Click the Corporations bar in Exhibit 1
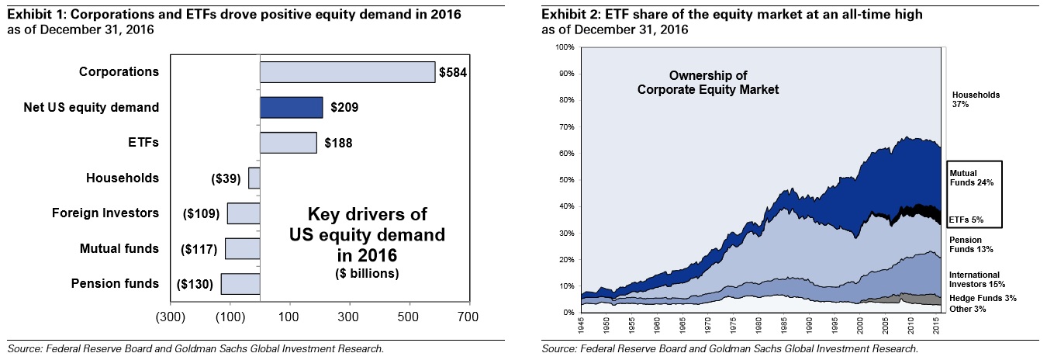coord(347,72)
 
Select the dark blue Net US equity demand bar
coord(291,108)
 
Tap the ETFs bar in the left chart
coord(288,143)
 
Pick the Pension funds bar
coord(240,284)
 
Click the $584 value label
coord(453,73)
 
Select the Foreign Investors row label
coord(105,213)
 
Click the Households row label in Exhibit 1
coord(122,178)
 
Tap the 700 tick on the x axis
coord(468,317)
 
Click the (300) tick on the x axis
coord(170,317)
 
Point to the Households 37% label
coord(976,99)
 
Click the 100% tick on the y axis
coord(566,47)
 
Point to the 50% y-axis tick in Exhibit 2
coord(568,180)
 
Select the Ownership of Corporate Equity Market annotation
coord(707,82)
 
